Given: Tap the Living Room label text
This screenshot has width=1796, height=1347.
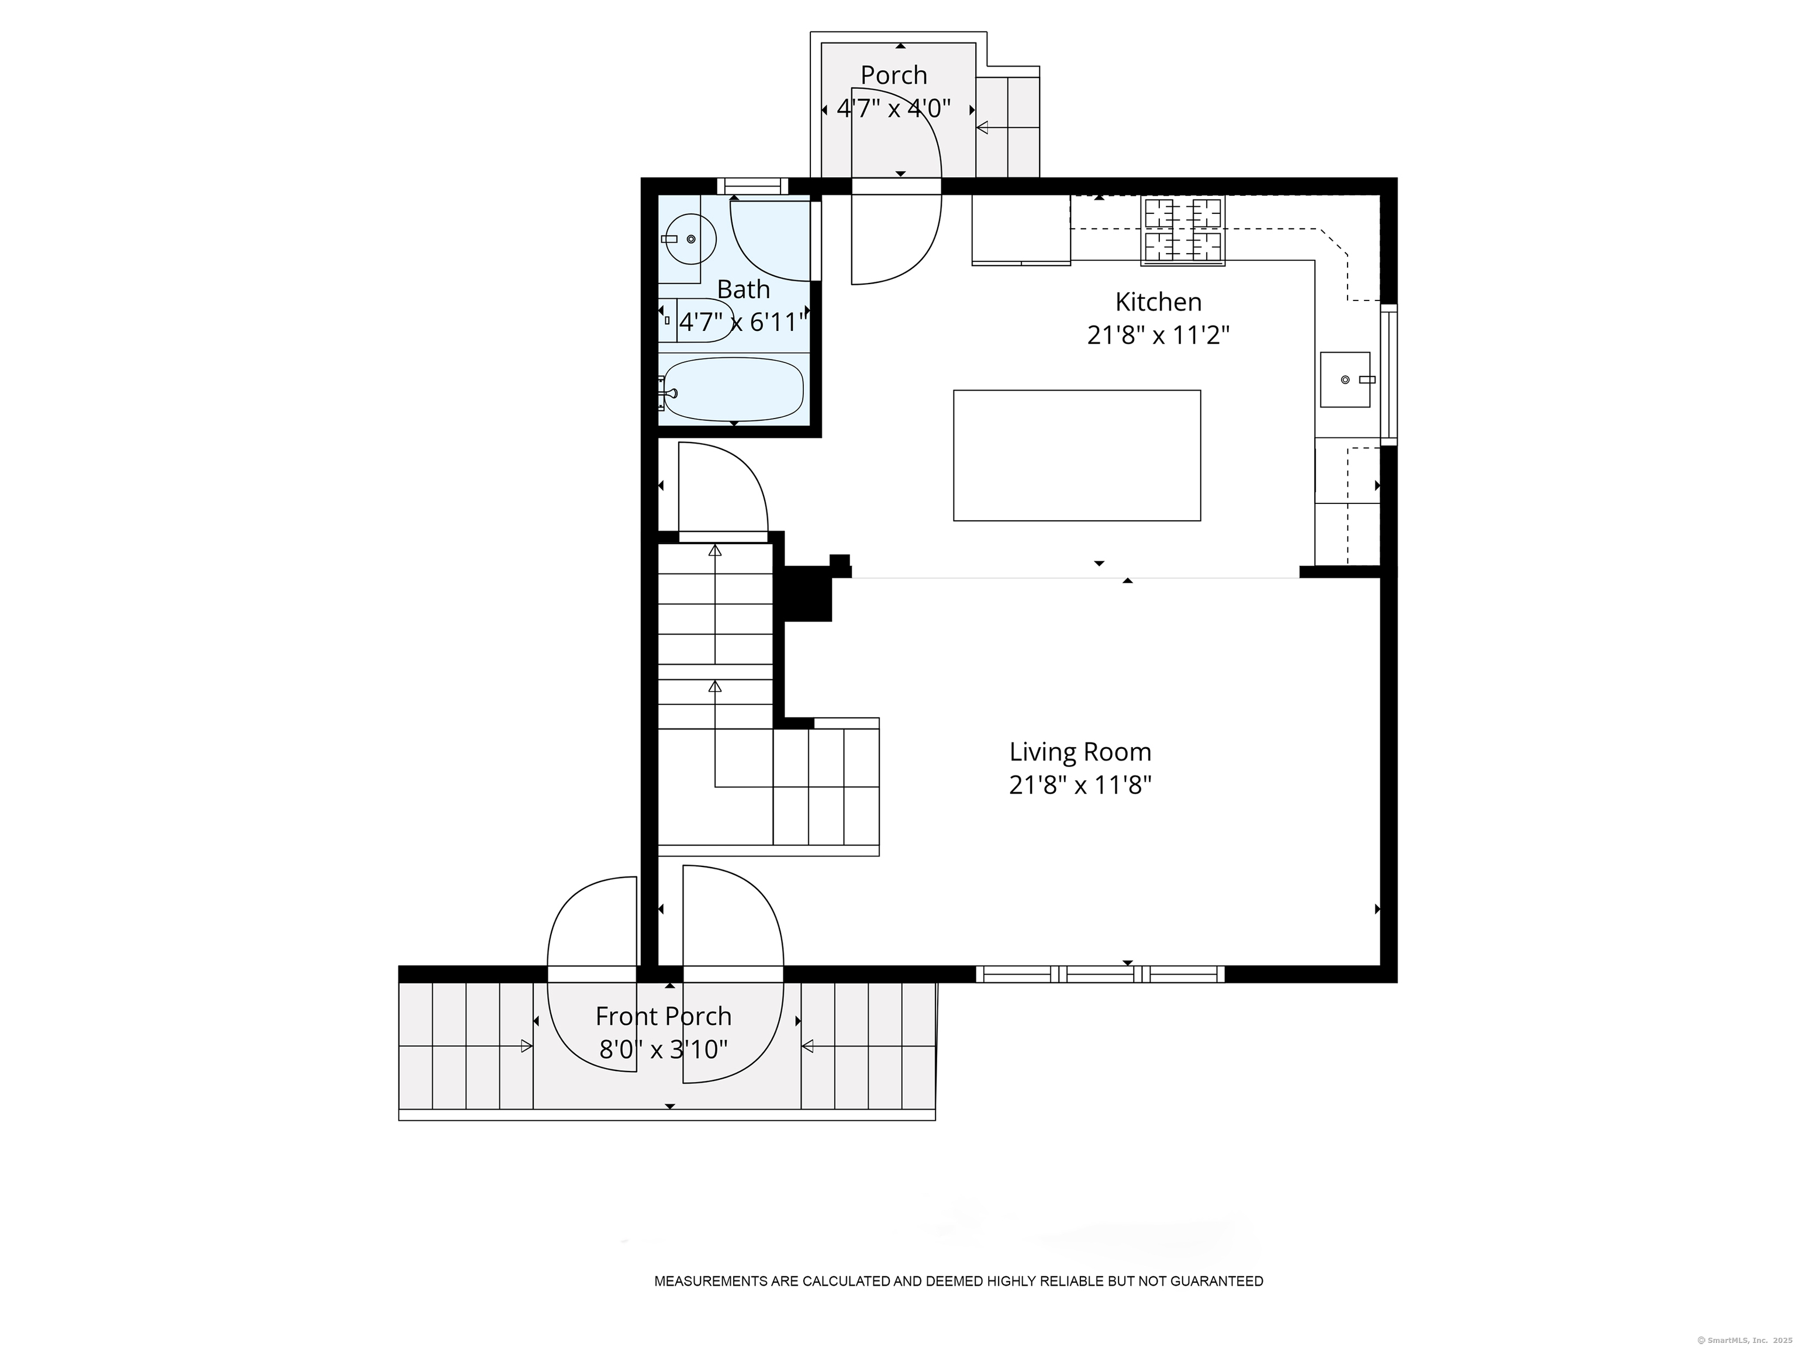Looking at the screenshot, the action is point(1080,752).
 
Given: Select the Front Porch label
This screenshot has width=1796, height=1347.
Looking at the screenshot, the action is point(664,1017).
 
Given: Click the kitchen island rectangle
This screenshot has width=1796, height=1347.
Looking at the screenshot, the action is point(1077,455).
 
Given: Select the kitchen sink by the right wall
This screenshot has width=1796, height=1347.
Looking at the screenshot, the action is point(1345,379).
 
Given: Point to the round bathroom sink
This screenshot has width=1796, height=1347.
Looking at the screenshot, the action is point(689,239).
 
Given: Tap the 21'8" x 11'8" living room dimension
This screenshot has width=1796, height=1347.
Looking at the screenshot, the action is point(1080,786).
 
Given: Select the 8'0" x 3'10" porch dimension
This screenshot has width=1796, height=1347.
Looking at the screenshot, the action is point(664,1050).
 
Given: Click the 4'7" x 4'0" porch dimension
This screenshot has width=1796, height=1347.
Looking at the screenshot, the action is point(893,108).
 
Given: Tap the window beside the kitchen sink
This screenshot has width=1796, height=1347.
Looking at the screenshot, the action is point(1389,374).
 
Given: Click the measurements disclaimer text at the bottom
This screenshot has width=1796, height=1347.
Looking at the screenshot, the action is point(958,1282).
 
